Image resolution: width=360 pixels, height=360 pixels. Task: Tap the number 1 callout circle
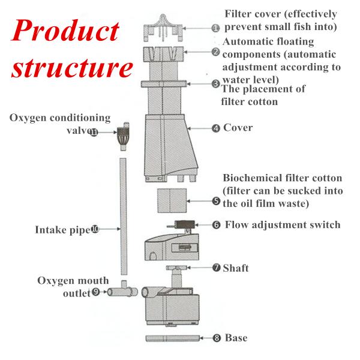215,28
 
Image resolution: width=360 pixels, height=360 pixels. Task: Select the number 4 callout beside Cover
215,128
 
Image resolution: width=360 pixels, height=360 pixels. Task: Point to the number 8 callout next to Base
217,338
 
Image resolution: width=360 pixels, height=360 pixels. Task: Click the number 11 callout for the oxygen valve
94,133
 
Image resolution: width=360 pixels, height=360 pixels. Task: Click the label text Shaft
235,268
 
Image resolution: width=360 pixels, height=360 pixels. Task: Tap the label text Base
236,338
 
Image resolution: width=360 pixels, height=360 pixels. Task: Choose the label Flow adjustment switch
283,225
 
